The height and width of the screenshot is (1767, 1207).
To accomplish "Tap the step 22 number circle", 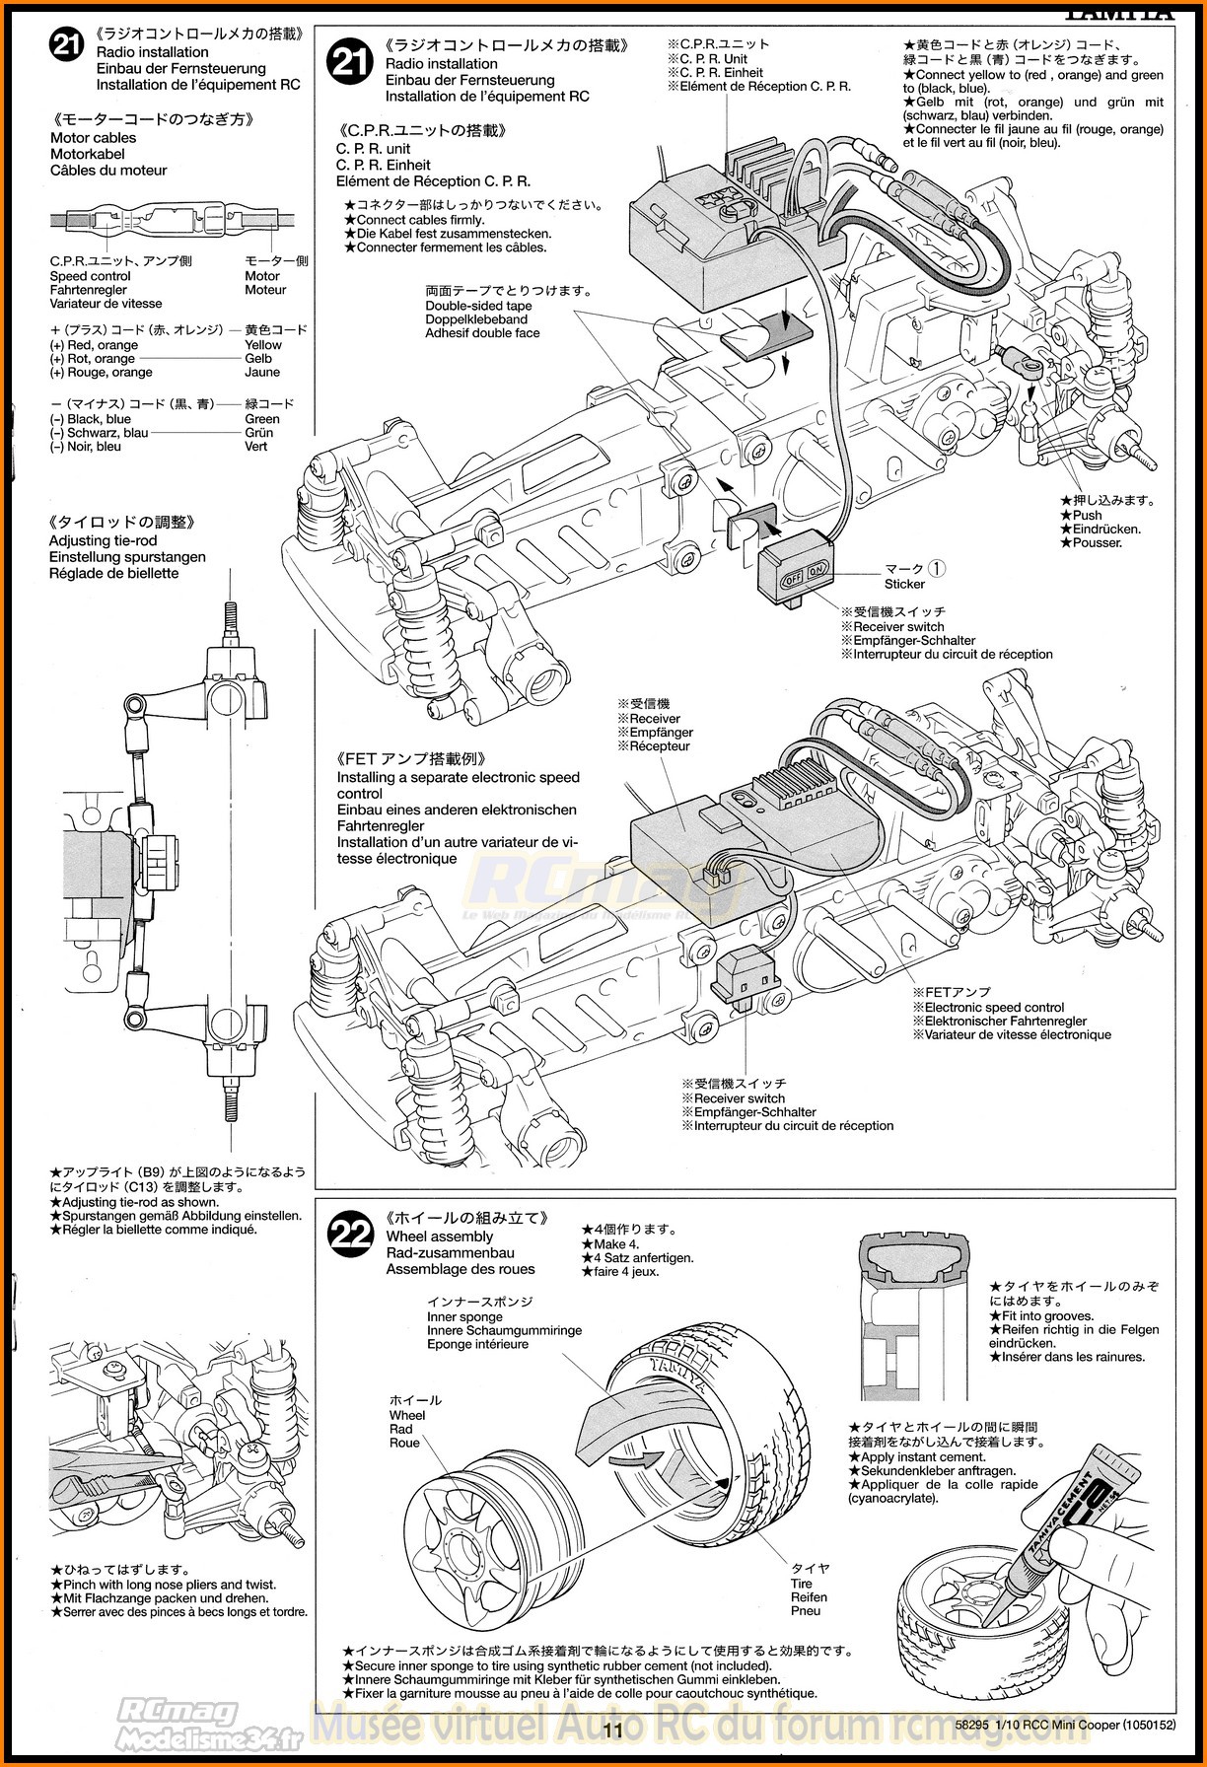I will click(352, 1234).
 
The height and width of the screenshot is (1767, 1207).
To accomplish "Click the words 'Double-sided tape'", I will click(478, 306).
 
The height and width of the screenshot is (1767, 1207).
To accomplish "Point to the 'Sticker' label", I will click(904, 584).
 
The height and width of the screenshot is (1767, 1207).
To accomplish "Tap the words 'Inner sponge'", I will click(464, 1316).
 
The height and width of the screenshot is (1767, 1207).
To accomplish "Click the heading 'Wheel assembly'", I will click(439, 1237).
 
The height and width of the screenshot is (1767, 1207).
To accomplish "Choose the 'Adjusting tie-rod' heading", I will click(103, 540).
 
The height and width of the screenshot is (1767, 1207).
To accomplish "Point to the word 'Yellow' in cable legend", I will click(263, 345).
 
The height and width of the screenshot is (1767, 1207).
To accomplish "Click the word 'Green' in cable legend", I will click(262, 419).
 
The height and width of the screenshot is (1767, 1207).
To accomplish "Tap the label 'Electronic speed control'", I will click(994, 1008).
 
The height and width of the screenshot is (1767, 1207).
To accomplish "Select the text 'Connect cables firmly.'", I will click(419, 220).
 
